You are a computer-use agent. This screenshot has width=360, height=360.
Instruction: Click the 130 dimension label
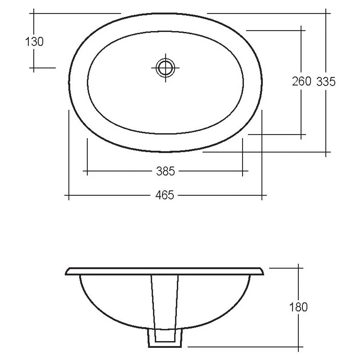[35, 42]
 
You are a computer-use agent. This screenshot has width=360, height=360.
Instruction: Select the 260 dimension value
[301, 81]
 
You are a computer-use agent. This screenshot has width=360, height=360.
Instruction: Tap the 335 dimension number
[326, 81]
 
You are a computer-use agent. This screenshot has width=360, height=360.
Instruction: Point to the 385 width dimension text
[165, 171]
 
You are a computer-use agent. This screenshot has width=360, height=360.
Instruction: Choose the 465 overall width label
[165, 195]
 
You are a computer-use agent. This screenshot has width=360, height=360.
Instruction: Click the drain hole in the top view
[166, 68]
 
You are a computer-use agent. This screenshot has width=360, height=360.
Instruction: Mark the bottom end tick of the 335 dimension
[327, 152]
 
